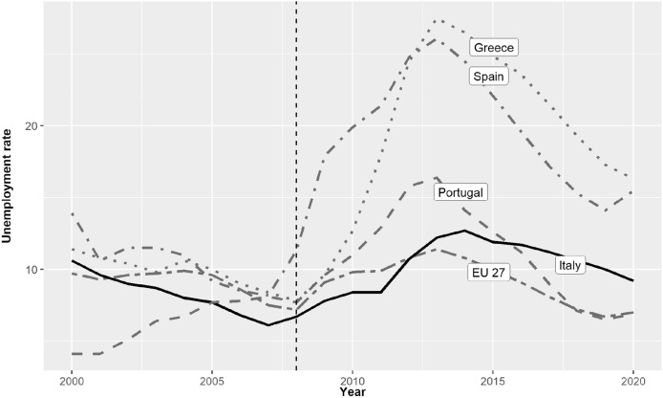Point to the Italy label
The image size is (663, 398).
(571, 263)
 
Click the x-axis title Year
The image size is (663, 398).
(353, 390)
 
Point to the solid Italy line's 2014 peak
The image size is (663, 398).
(464, 231)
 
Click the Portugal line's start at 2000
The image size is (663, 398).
(73, 354)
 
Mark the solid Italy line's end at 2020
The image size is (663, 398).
(632, 280)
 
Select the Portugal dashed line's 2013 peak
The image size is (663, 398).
(437, 177)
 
